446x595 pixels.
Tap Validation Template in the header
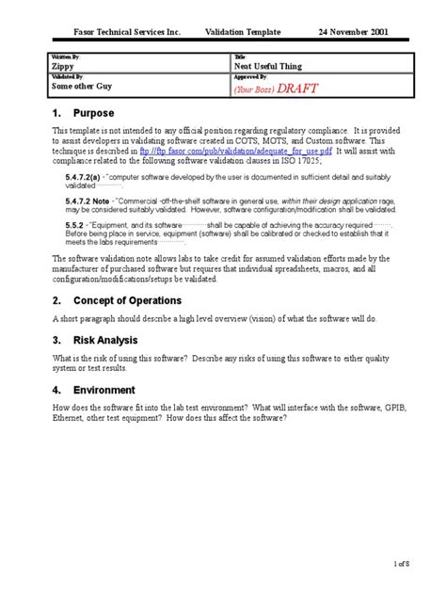point(243,31)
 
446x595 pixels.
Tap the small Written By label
point(66,57)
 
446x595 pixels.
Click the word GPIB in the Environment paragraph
point(386,409)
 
